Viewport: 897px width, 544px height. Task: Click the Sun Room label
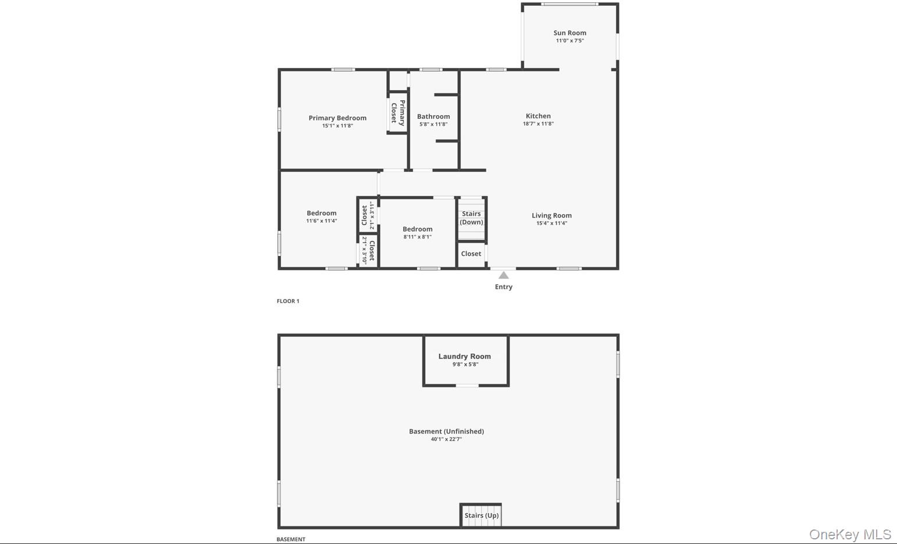point(569,33)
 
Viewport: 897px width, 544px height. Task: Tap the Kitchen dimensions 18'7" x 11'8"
point(538,124)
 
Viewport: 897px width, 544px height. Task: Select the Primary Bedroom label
point(337,118)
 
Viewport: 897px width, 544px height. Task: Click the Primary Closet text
point(398,113)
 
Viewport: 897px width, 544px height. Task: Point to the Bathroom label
point(433,116)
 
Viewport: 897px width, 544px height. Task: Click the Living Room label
point(551,215)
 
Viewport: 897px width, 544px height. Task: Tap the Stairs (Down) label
point(471,218)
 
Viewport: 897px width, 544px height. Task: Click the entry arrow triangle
point(504,275)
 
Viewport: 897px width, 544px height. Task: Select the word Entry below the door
point(504,287)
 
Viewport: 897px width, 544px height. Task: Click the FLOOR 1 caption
point(288,301)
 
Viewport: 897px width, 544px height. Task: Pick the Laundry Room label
point(464,356)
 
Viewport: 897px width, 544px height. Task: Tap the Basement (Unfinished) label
point(446,431)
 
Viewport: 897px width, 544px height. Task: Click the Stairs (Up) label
point(481,515)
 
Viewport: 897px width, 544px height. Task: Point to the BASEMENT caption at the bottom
point(291,539)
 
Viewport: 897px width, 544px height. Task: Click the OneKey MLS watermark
point(850,534)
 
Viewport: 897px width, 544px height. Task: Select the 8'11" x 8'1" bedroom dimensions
point(418,237)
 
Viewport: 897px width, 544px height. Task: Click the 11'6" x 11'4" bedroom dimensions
point(322,221)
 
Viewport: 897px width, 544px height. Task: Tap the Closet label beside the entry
point(471,254)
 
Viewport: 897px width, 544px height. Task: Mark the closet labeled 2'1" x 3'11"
point(368,215)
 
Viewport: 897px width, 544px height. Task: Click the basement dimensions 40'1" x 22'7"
point(446,439)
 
